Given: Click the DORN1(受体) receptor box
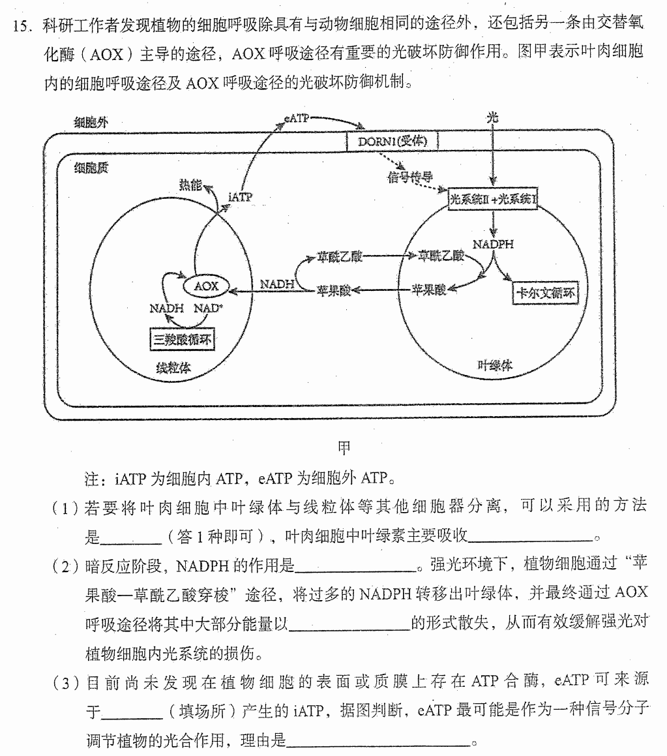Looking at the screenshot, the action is pos(393,141).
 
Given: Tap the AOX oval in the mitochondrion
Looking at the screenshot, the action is pos(206,286).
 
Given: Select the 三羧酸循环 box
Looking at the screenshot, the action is pos(182,340).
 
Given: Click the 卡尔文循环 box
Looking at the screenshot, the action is pos(545,293).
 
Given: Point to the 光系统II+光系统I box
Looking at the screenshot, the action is pos(492,199).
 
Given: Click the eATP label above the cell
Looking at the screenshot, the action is pos(297,117).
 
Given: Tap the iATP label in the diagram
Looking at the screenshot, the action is pos(240,197).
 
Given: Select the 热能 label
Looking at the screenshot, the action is pos(190,185).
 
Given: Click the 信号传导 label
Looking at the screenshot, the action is pos(410,177).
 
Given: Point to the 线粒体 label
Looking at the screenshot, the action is pos(173,368).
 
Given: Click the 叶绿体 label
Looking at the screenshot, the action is pos(495,365).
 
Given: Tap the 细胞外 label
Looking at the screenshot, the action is pos(91,123).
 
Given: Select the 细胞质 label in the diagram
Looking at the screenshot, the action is pos(91,168).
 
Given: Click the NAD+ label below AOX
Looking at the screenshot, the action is pos(209,308).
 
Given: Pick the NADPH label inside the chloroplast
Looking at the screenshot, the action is pos(493,244).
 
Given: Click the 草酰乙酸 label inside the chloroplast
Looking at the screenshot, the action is pos(441,256).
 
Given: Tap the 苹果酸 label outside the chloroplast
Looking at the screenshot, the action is pos(334,291).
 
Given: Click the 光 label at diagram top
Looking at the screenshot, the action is pos(492,117).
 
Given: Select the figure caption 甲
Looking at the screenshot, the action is pos(344,448).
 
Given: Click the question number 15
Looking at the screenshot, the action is pos(22,25).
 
